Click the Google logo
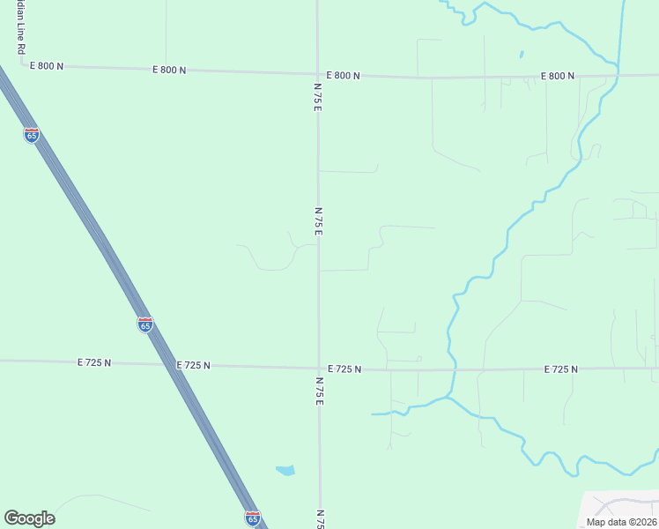pos(29,518)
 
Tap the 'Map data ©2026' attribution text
pos(621,522)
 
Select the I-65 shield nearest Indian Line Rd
pos(32,135)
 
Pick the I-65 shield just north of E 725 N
pos(145,324)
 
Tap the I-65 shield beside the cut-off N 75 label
pos(253,518)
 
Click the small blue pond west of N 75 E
pos(285,470)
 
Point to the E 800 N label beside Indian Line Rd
pos(47,66)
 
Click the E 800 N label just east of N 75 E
pos(343,76)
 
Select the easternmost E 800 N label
pos(558,77)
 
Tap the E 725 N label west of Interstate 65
pos(94,362)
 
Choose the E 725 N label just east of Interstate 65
pos(193,365)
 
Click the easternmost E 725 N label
pos(560,369)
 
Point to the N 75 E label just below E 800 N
pos(317,97)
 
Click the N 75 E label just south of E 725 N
pos(318,391)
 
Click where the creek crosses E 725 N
pos(452,369)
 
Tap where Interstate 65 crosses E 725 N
pos(169,364)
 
